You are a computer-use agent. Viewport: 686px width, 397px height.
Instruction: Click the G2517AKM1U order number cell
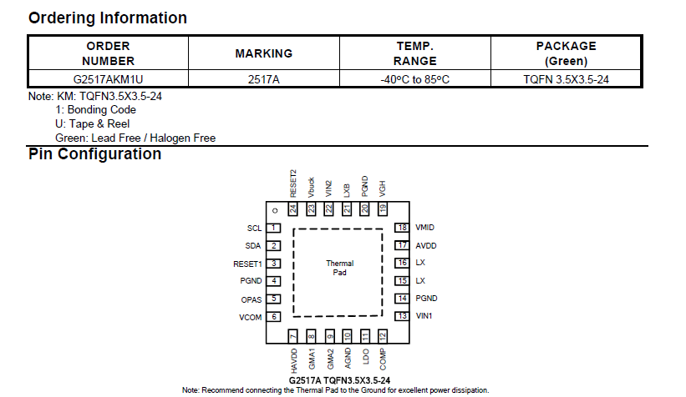108,79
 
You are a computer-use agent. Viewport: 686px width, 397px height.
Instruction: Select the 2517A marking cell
264,79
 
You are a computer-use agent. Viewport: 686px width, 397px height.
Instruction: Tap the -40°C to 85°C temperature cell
415,79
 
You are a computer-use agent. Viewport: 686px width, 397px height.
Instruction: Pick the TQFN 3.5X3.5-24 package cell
566,79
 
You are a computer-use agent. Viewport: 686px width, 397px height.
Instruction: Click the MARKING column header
264,53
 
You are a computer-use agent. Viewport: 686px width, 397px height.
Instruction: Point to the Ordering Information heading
108,18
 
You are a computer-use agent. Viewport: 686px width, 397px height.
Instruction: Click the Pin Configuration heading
94,154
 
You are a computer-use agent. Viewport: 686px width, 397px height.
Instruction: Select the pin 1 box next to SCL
273,228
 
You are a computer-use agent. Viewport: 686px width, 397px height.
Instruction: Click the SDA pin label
253,246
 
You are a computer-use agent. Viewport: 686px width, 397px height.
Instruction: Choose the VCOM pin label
250,317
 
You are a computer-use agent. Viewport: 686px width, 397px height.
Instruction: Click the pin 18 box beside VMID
402,228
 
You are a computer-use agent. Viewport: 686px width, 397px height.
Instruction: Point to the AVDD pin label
425,246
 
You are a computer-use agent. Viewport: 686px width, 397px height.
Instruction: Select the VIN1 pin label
424,316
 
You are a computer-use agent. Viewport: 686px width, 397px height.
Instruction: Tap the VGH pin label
382,188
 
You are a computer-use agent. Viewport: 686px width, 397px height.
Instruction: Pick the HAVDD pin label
293,360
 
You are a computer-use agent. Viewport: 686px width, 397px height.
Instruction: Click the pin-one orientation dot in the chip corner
274,209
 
